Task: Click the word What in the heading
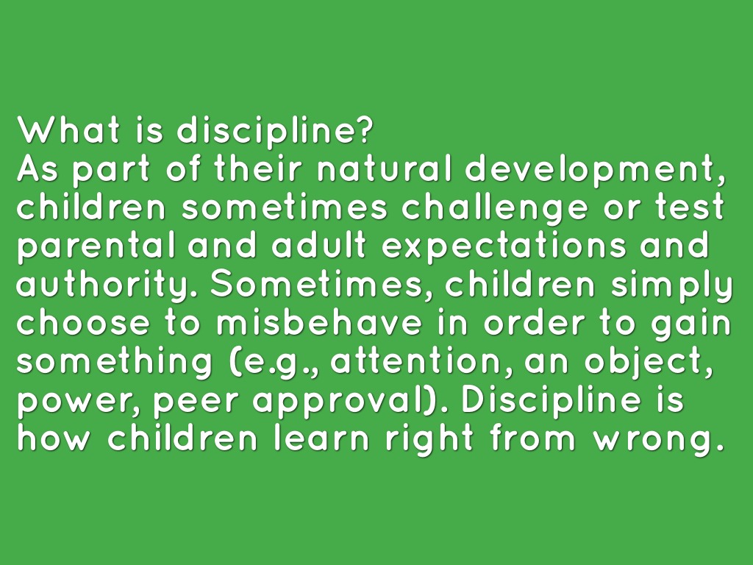click(x=68, y=129)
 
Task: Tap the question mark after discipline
click(x=365, y=129)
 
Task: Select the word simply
click(x=671, y=286)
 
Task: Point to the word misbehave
click(x=318, y=323)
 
